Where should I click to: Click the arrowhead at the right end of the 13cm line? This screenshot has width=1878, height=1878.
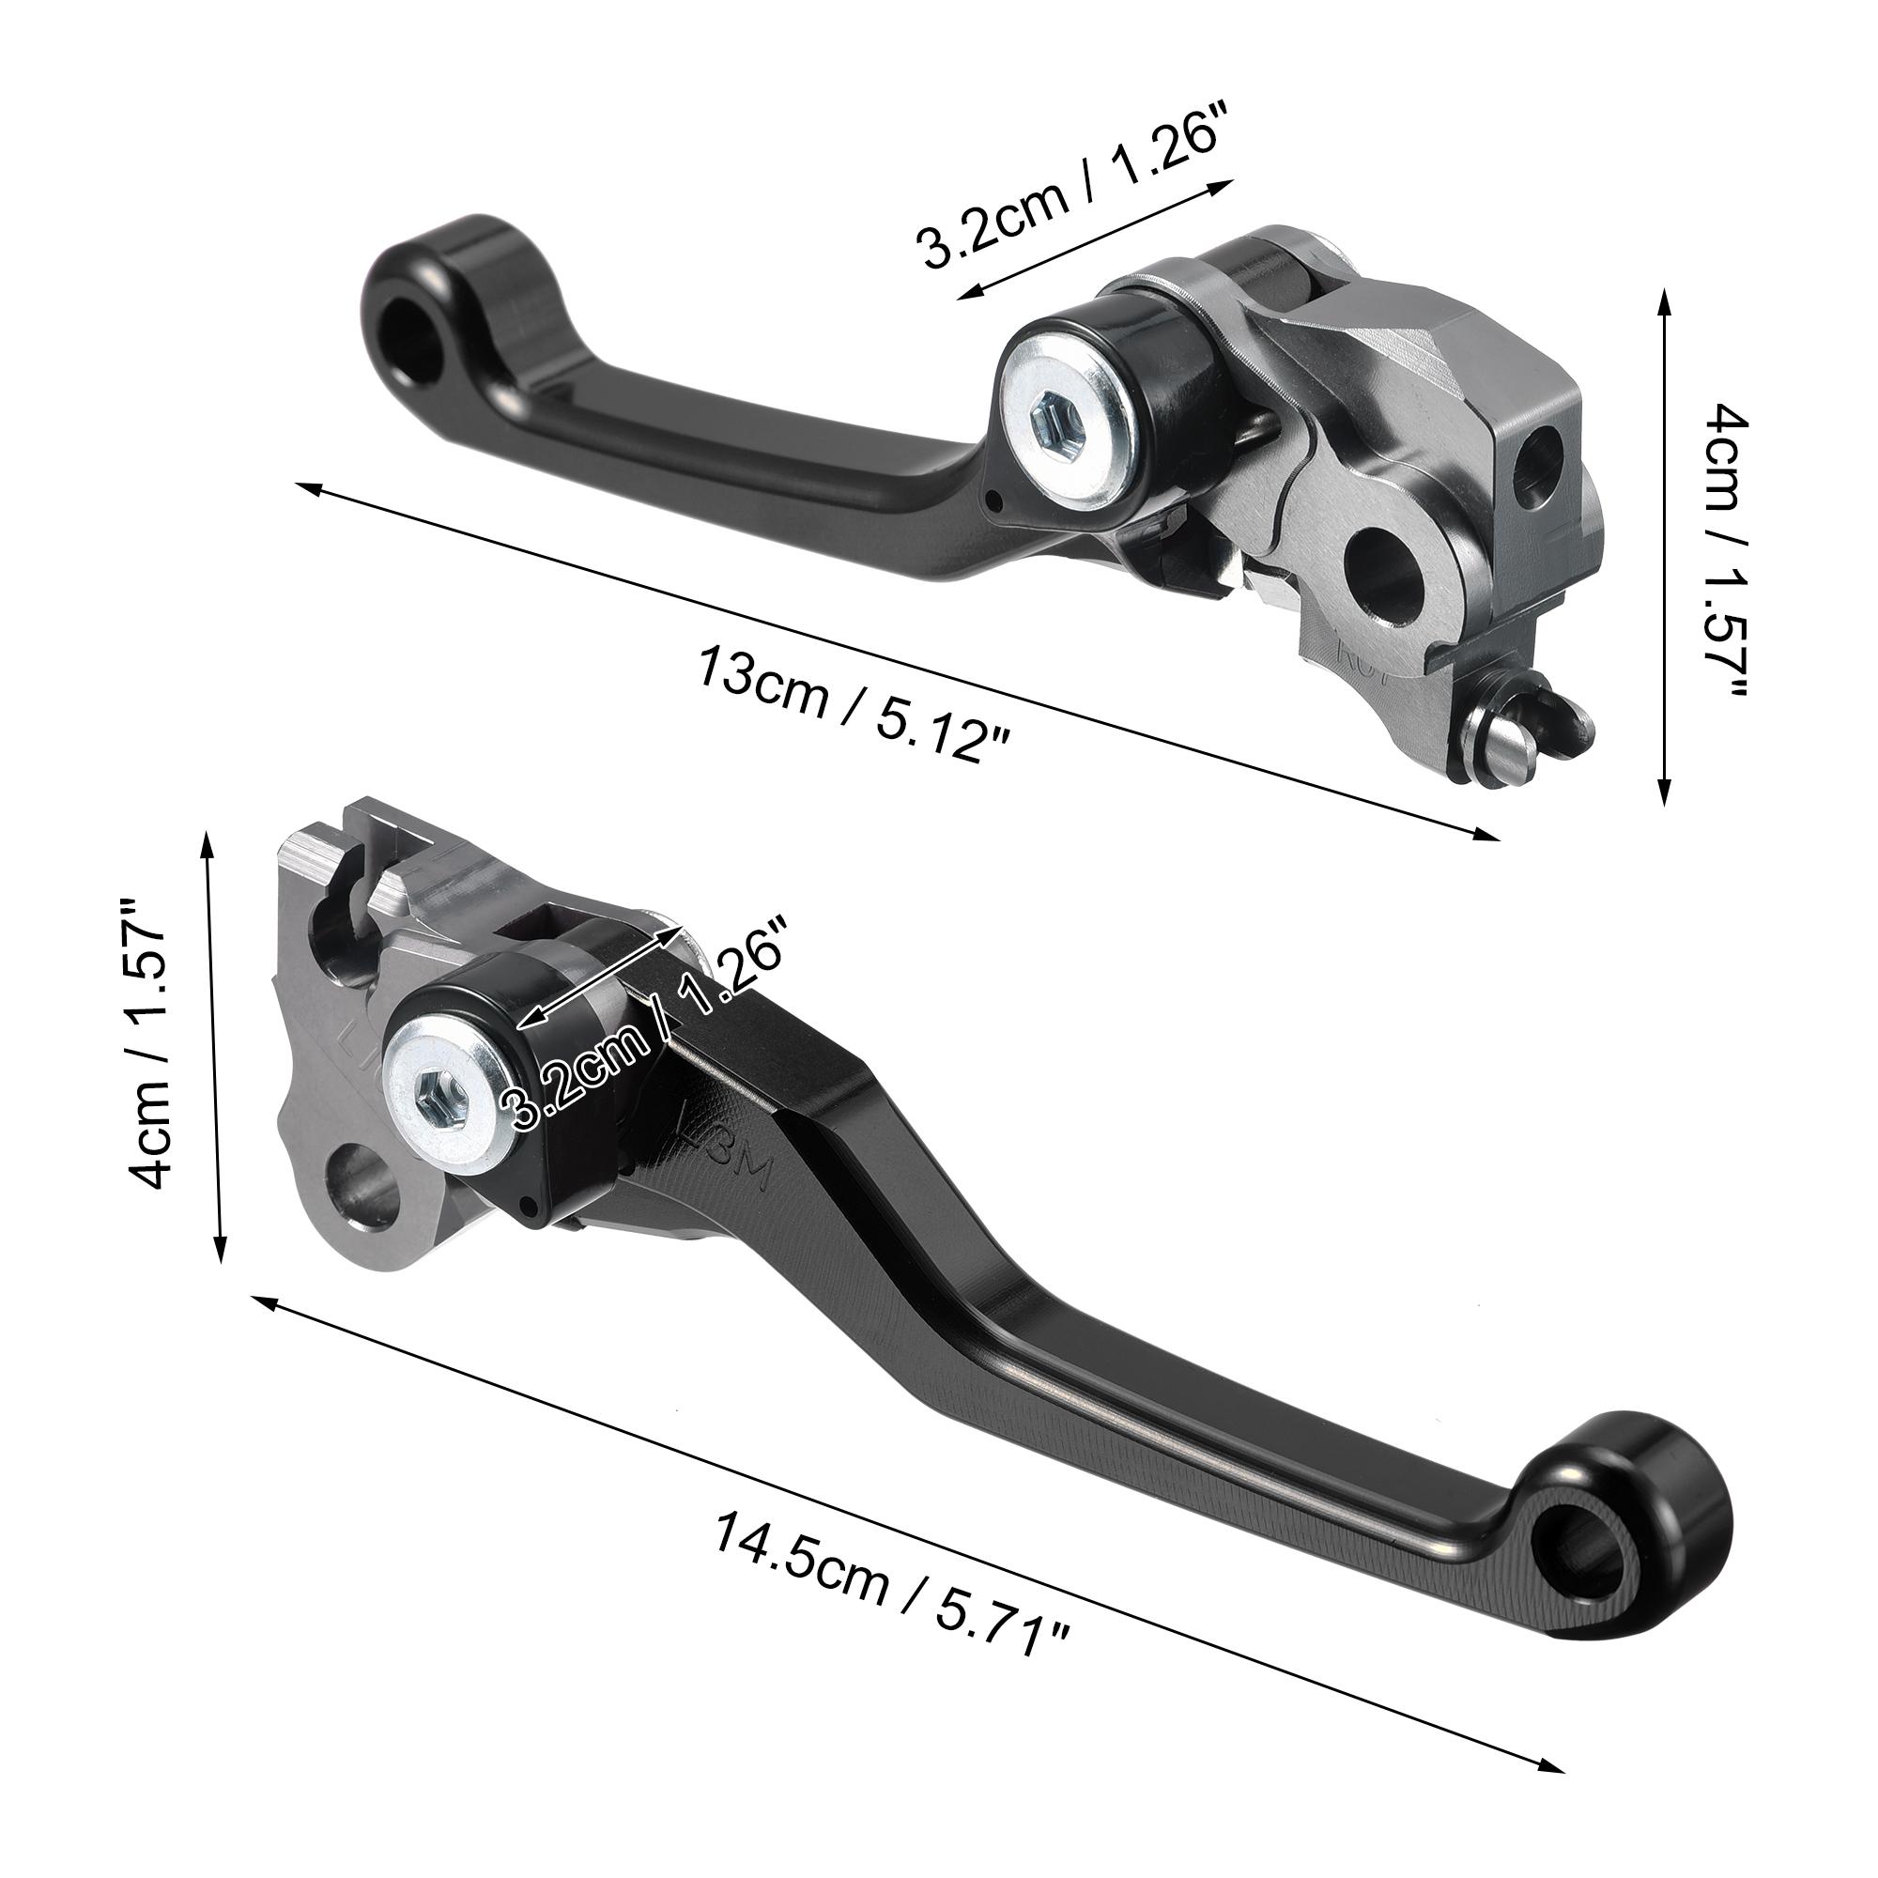[1491, 836]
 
